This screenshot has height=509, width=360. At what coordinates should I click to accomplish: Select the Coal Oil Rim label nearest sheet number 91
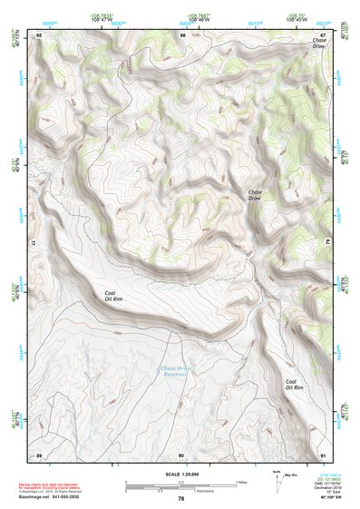click(291, 385)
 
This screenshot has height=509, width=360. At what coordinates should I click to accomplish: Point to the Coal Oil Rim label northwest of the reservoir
click(112, 295)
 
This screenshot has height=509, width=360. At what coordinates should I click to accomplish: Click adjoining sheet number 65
click(39, 34)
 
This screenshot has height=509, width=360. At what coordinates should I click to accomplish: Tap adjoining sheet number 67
click(323, 34)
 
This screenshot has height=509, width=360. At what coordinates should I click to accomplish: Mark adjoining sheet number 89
click(39, 454)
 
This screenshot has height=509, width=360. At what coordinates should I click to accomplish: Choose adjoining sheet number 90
click(181, 454)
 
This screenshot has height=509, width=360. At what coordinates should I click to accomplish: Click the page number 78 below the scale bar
click(181, 498)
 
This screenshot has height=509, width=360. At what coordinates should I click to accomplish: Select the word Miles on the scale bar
click(241, 482)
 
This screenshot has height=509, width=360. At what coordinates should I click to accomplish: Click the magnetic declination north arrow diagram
click(277, 483)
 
